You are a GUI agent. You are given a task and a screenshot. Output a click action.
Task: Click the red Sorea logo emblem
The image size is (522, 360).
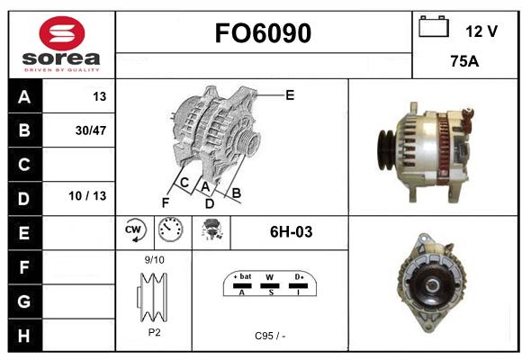(62, 33)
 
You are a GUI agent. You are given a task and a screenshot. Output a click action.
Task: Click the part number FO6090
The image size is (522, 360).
(263, 33)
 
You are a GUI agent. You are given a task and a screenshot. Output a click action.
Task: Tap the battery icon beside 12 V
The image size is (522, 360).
(434, 26)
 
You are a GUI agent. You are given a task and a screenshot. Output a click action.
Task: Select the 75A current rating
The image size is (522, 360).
(464, 61)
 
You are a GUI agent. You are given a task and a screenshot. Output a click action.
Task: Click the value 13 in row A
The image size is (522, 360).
(100, 96)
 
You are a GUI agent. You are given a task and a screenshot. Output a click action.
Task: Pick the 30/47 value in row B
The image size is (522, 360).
(91, 130)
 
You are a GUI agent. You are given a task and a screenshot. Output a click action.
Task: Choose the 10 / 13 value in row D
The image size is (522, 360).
(87, 196)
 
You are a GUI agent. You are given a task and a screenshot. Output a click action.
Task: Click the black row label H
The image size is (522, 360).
(24, 336)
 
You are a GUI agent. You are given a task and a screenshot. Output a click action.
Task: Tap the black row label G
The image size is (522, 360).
(24, 301)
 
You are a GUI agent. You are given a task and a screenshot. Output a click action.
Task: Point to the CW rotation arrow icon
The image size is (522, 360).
(134, 229)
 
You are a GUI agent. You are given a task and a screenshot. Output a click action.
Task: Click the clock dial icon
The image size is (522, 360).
(170, 229)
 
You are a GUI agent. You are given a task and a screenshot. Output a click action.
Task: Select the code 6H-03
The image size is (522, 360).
(291, 232)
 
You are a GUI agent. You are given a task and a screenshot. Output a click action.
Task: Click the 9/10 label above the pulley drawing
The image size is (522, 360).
(155, 260)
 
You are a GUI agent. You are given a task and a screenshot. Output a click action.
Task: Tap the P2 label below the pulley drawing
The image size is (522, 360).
(154, 332)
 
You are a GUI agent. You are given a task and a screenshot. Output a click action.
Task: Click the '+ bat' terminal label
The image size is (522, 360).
(242, 276)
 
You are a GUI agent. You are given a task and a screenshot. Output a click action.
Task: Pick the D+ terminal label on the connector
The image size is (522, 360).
(299, 276)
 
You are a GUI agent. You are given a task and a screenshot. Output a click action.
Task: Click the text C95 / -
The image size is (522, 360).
(270, 336)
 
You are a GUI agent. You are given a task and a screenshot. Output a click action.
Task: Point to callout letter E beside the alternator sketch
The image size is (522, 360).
(290, 95)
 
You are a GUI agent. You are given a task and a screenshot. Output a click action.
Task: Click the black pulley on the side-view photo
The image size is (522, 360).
(386, 150)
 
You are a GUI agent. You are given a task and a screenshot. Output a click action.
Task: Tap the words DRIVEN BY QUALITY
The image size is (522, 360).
(62, 70)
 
